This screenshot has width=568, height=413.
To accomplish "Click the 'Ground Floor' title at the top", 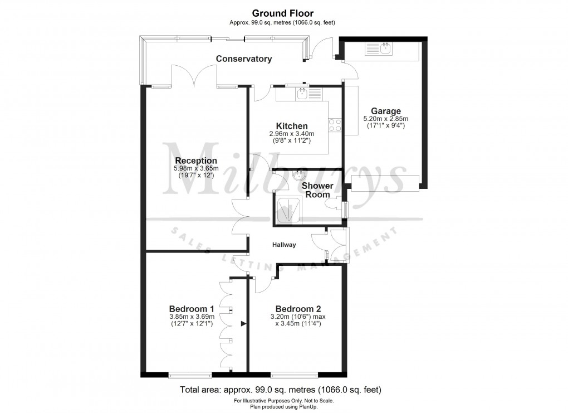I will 283,13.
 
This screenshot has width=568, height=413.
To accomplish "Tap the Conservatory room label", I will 244,59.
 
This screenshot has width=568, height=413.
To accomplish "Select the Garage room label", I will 385,111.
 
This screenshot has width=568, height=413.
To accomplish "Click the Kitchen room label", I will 292,126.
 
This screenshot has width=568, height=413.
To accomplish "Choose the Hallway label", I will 283,245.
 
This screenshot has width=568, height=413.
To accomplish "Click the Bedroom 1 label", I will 192,309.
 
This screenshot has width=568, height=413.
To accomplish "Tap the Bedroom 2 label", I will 298,309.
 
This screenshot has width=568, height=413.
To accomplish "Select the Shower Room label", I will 317,190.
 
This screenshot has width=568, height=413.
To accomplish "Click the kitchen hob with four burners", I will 335,125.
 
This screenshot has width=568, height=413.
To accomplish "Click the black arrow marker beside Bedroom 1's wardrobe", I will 243,323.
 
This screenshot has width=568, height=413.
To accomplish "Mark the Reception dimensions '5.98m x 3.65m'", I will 195,168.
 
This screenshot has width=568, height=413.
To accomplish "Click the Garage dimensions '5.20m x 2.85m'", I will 385,119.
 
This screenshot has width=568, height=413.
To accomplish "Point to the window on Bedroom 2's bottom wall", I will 294,373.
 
